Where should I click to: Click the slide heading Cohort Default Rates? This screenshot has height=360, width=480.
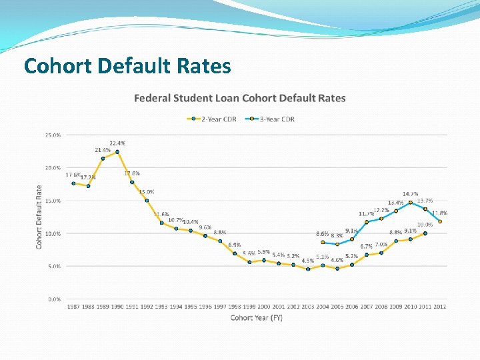(x=127, y=66)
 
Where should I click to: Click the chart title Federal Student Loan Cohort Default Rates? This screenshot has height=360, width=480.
(x=240, y=98)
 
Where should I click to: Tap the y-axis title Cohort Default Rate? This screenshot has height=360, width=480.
(x=39, y=217)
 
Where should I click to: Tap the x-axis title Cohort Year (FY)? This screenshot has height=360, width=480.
(x=257, y=317)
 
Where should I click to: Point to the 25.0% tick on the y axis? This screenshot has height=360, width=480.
(x=53, y=135)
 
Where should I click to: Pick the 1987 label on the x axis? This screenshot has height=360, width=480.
(x=73, y=307)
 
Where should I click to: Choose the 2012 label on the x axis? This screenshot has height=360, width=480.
(x=440, y=307)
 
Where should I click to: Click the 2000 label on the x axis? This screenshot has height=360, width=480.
(x=264, y=307)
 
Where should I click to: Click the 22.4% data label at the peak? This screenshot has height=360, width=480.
(x=117, y=143)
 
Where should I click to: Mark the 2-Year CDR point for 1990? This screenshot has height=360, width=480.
(x=117, y=152)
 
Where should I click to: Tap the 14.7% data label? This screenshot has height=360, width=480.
(x=410, y=194)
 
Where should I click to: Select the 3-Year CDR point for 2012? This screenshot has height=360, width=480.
(x=440, y=222)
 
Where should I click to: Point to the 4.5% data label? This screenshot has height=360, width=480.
(x=308, y=261)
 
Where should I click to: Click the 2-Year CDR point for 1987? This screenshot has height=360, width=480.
(x=73, y=183)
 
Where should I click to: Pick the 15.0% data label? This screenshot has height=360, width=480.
(x=147, y=192)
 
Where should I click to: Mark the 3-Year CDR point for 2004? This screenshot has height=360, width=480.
(x=323, y=243)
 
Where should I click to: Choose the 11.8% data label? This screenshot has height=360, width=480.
(x=439, y=213)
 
